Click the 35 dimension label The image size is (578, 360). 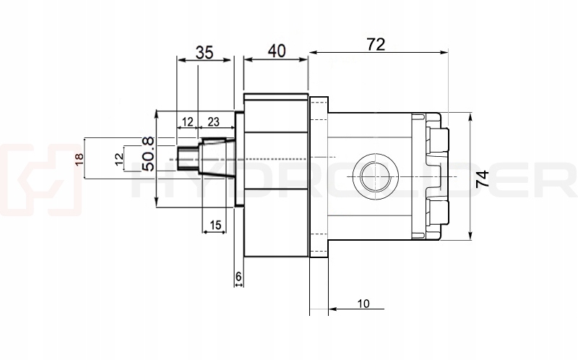pyautogui.click(x=204, y=52)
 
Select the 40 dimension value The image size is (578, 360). pyautogui.click(x=276, y=51)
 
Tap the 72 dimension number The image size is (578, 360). pyautogui.click(x=376, y=44)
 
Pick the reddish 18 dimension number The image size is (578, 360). pyautogui.click(x=80, y=160)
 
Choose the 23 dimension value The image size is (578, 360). pyautogui.click(x=214, y=122)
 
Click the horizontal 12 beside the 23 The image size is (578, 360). pyautogui.click(x=186, y=122)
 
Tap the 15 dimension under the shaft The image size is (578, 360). pyautogui.click(x=213, y=226)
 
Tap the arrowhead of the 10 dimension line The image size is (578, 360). pyautogui.click(x=333, y=308)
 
